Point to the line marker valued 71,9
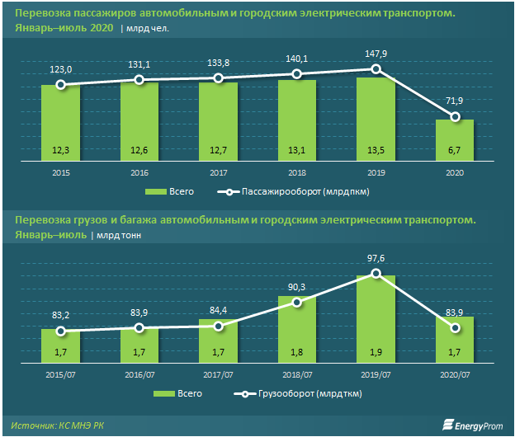(x=455, y=118)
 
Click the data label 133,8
(x=218, y=61)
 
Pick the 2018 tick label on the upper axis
(x=297, y=172)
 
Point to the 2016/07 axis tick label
(x=139, y=374)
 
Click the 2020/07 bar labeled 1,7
(x=455, y=341)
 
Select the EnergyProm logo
(x=473, y=425)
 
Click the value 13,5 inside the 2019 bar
(x=376, y=150)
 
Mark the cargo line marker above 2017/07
(x=218, y=326)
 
